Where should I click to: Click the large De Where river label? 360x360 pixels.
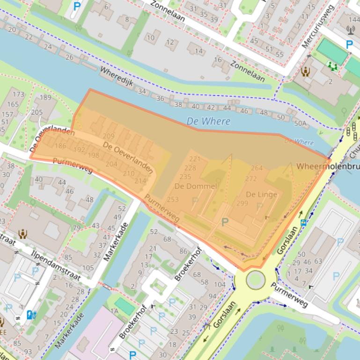[x=208, y=121]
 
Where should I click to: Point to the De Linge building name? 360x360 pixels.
[x=261, y=194]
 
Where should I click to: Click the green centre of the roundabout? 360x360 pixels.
[x=255, y=280]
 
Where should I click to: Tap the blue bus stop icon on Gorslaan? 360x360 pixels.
[x=304, y=223]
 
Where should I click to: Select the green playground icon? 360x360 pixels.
[x=333, y=66]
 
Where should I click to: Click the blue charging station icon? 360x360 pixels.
[x=31, y=315]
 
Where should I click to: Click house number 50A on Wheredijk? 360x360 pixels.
[x=300, y=124]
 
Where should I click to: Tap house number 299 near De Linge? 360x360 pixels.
[x=242, y=203]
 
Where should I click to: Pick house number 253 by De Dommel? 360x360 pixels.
[x=173, y=200]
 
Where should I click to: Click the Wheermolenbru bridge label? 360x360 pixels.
[x=328, y=166]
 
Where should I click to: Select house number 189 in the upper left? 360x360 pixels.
[x=45, y=97]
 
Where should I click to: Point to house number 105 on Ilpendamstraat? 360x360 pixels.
[x=88, y=267]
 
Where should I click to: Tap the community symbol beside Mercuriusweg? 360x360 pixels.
[x=306, y=72]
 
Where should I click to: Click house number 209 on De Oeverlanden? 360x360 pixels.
[x=108, y=136]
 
